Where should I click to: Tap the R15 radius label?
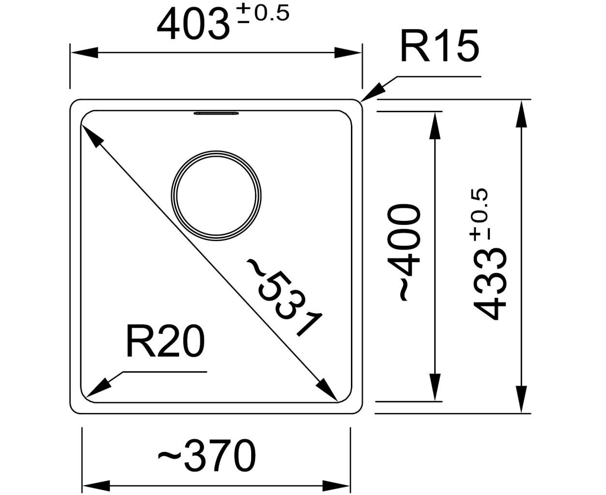pos(439,45)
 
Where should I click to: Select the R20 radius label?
pos(165,342)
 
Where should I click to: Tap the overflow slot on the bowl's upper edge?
pos(216,113)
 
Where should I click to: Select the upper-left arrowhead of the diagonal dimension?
pos(92,137)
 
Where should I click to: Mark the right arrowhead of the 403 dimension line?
pos(348,53)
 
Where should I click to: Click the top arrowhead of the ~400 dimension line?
pos(436,126)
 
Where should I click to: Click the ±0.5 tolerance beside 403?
pos(263,14)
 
